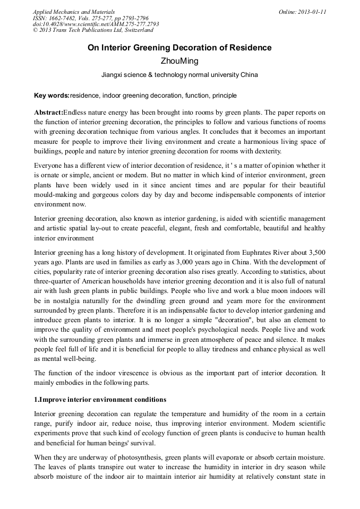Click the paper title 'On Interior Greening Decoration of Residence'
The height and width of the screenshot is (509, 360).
coord(179,48)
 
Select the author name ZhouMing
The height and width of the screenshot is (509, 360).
coord(179,62)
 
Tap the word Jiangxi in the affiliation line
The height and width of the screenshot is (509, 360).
coord(113,75)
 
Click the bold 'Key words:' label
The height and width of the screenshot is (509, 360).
coord(52,96)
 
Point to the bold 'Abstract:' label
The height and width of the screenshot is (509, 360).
coord(48,113)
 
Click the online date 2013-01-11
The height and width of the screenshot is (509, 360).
coord(313,11)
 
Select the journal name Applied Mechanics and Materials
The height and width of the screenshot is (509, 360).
coord(73,11)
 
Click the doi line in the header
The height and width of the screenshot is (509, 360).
coord(96,24)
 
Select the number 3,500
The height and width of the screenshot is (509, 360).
coord(315,253)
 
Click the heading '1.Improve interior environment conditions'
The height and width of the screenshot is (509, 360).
coord(100,399)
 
